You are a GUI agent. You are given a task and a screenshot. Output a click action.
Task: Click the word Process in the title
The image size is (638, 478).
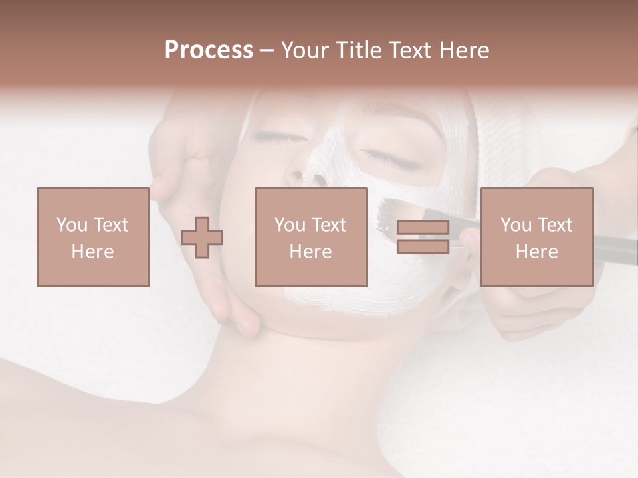tap(209, 50)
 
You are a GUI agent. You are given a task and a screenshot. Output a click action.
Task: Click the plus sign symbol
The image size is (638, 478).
tap(202, 237)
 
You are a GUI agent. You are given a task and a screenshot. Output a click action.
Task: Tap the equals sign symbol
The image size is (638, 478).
tap(423, 237)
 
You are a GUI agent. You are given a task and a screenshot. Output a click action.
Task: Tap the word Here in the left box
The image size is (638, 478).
tap(92, 252)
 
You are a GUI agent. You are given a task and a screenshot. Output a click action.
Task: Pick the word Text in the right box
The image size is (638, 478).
tap(555, 225)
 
